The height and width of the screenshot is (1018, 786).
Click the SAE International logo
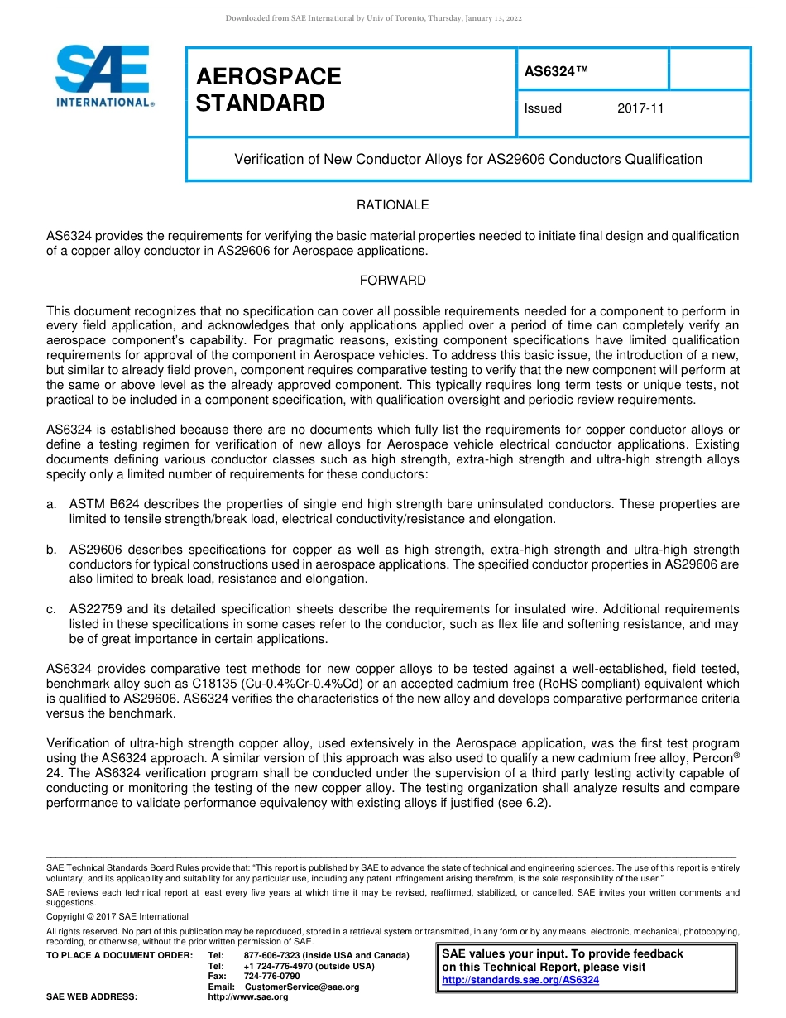(x=103, y=75)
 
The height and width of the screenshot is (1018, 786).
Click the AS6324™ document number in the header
(x=556, y=72)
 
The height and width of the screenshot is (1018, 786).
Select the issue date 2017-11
(x=640, y=108)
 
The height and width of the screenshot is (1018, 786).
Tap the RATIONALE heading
(x=392, y=205)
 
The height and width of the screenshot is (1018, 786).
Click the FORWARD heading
(x=392, y=281)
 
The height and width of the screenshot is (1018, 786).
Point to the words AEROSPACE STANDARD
(x=268, y=89)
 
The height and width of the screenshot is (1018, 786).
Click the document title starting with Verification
(x=468, y=159)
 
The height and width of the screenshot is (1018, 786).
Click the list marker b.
(x=51, y=550)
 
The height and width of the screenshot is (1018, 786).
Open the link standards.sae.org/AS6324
(x=520, y=980)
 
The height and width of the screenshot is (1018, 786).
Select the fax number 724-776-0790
(x=272, y=977)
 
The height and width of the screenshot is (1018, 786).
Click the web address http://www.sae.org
(x=248, y=997)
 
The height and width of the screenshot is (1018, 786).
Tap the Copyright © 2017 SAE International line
(x=117, y=916)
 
